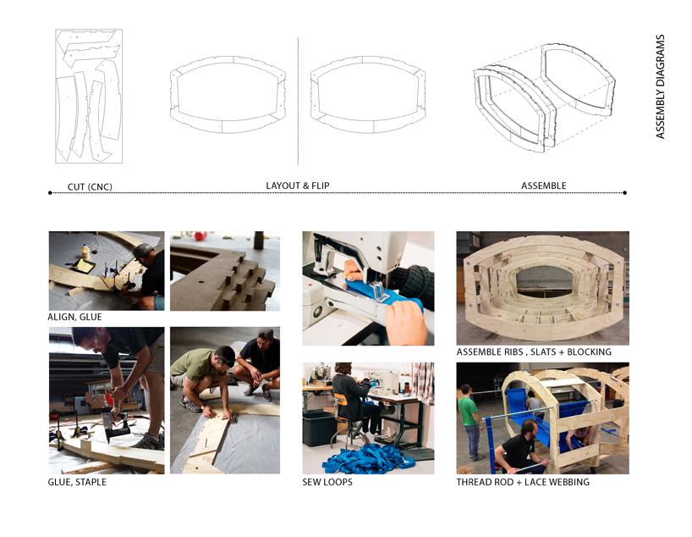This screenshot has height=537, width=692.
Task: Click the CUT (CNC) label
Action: tap(90, 187)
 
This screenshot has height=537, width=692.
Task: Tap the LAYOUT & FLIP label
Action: tap(298, 185)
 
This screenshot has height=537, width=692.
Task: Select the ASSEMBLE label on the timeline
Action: tap(543, 185)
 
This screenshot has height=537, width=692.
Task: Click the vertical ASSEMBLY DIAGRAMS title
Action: tap(660, 86)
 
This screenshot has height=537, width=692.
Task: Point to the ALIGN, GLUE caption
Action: tap(74, 317)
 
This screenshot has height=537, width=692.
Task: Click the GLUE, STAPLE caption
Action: tap(77, 482)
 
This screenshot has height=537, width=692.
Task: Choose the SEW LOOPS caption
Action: tap(327, 482)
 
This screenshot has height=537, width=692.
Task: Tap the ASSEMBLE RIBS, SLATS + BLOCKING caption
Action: tap(534, 352)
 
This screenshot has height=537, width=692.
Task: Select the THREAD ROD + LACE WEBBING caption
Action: tap(523, 482)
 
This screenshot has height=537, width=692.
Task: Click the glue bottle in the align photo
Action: tap(85, 252)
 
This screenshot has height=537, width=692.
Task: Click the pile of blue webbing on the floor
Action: tap(369, 459)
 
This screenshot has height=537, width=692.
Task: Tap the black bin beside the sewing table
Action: tap(319, 428)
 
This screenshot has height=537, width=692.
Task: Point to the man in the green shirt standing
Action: tap(470, 422)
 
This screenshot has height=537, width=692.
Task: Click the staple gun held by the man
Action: tap(115, 424)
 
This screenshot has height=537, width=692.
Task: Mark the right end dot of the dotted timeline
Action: tap(624, 193)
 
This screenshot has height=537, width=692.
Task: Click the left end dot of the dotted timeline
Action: tap(50, 193)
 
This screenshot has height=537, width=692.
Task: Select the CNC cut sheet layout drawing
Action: tap(89, 97)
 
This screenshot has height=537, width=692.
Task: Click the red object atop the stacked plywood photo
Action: tap(200, 235)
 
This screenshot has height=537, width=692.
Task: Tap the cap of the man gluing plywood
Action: tap(143, 250)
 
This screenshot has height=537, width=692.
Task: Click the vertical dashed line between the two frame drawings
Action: tap(298, 101)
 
